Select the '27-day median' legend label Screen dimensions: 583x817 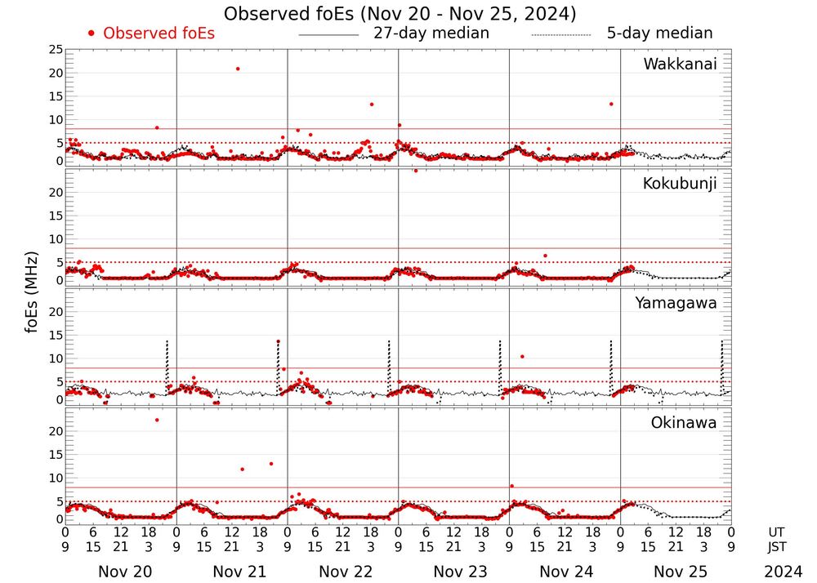tap(431, 33)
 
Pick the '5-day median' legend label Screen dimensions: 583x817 tap(659, 33)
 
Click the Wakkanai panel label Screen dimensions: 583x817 tap(680, 65)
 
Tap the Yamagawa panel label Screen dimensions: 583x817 tap(676, 303)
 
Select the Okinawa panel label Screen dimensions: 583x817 tap(683, 423)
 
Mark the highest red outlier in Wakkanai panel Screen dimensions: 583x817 tap(238, 69)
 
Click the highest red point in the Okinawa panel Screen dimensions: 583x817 tap(157, 420)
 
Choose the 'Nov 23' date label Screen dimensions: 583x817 tap(454, 572)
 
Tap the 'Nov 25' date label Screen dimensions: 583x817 tap(676, 572)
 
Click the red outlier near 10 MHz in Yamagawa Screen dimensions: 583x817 tap(522, 356)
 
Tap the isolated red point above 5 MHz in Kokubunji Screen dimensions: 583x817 tap(545, 256)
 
